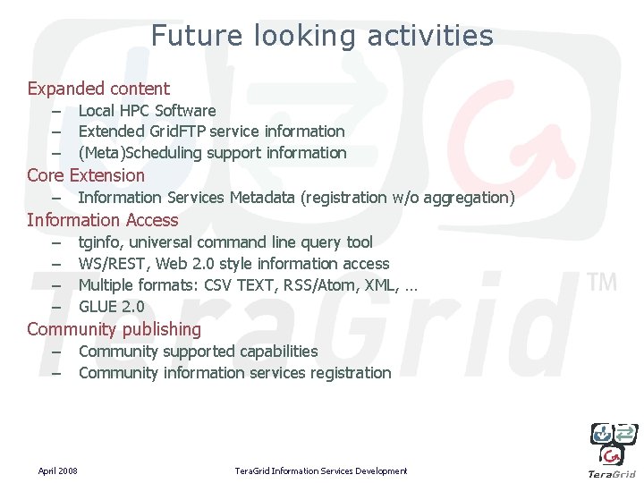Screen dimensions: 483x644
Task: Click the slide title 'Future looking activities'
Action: (x=322, y=36)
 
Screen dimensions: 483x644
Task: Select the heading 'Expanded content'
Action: (x=98, y=89)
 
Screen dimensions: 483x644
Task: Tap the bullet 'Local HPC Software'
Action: (x=147, y=111)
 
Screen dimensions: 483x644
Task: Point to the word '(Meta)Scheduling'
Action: (x=140, y=153)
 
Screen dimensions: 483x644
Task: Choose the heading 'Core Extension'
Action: (x=86, y=175)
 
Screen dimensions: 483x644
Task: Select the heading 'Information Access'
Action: (x=103, y=220)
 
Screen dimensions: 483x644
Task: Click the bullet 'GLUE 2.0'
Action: (x=111, y=307)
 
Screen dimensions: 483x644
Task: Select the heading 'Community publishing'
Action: (x=114, y=329)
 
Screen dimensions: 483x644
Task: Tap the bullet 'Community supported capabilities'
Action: (x=198, y=352)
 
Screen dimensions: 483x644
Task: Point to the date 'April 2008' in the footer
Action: (x=57, y=471)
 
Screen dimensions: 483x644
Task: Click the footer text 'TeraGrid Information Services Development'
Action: (x=320, y=471)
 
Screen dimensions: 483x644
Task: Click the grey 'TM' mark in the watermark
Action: (x=602, y=284)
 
